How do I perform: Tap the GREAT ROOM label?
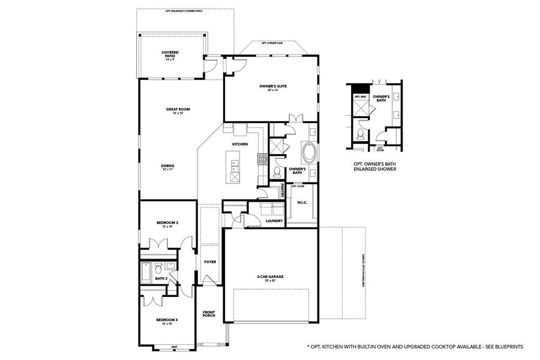pos(178,110)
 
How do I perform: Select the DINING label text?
pos(167,167)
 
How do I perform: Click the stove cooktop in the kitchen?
pos(262,159)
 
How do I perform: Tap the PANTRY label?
pos(282,191)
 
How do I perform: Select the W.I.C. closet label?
pos(302,203)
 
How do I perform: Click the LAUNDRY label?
pos(274,220)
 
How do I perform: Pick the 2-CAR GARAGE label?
pos(270,277)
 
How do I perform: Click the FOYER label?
pos(210,262)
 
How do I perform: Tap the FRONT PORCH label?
pos(209,314)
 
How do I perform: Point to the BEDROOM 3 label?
pos(167,321)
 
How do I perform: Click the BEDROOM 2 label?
pos(168,224)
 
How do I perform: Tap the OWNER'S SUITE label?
pos(273,88)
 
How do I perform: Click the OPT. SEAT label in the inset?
pos(360,96)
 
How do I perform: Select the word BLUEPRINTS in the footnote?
pos(508,347)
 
